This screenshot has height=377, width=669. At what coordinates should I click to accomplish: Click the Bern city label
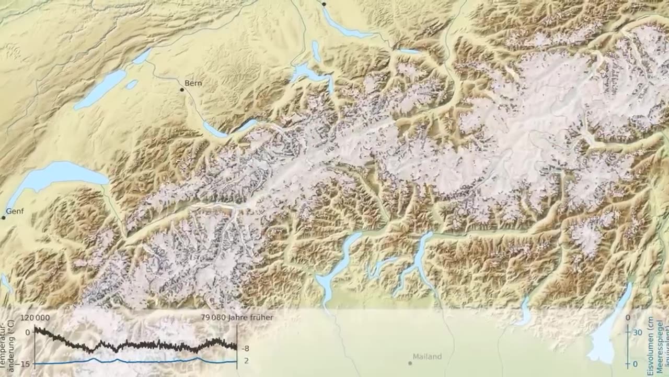click(193, 83)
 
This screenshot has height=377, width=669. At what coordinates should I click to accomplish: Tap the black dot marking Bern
click(182, 90)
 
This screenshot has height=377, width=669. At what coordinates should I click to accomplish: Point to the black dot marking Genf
click(3, 217)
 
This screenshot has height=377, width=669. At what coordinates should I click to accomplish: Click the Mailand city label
click(427, 357)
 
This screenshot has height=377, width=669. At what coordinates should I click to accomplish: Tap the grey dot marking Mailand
click(410, 362)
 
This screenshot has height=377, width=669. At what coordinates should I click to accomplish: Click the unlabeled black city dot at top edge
click(324, 4)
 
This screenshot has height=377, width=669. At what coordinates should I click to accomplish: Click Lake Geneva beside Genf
click(57, 175)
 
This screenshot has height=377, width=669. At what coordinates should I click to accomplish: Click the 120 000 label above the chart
click(36, 317)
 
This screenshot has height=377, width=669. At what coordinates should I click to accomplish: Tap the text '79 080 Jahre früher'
click(237, 317)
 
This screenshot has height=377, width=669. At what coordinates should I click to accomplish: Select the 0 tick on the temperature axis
click(28, 332)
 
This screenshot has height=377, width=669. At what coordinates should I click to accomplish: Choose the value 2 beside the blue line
click(246, 360)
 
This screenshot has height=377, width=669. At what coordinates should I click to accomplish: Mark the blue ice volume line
click(131, 361)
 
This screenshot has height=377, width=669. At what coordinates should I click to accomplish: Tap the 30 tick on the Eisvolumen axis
click(637, 332)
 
